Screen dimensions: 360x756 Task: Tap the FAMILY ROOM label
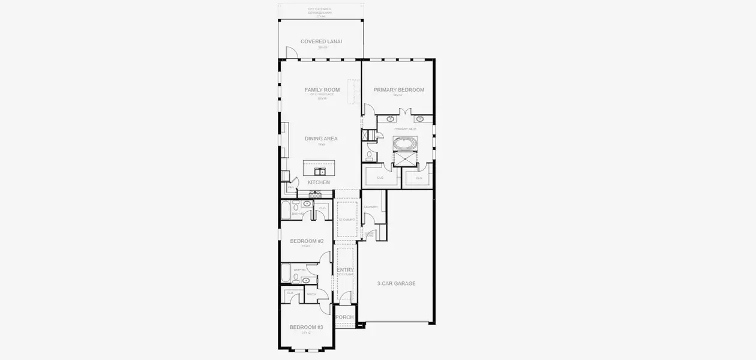coord(322,90)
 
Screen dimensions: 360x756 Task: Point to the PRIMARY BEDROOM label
coord(398,90)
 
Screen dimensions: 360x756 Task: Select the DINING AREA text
coord(321,139)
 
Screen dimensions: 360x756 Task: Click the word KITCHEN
coord(319,182)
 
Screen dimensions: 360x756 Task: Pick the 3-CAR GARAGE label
coord(396,283)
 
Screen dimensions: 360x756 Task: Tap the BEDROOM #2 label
coord(307,241)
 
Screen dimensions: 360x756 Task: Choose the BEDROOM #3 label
coord(306,327)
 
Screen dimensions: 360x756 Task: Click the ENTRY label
coord(345,270)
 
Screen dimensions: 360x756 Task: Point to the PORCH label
coord(344,317)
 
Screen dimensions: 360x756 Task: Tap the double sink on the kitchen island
coord(319,172)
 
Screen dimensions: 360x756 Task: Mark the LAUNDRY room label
coord(371,207)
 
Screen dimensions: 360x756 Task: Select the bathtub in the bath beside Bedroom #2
coord(286,211)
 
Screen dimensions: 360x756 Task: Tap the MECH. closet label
coord(311,294)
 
